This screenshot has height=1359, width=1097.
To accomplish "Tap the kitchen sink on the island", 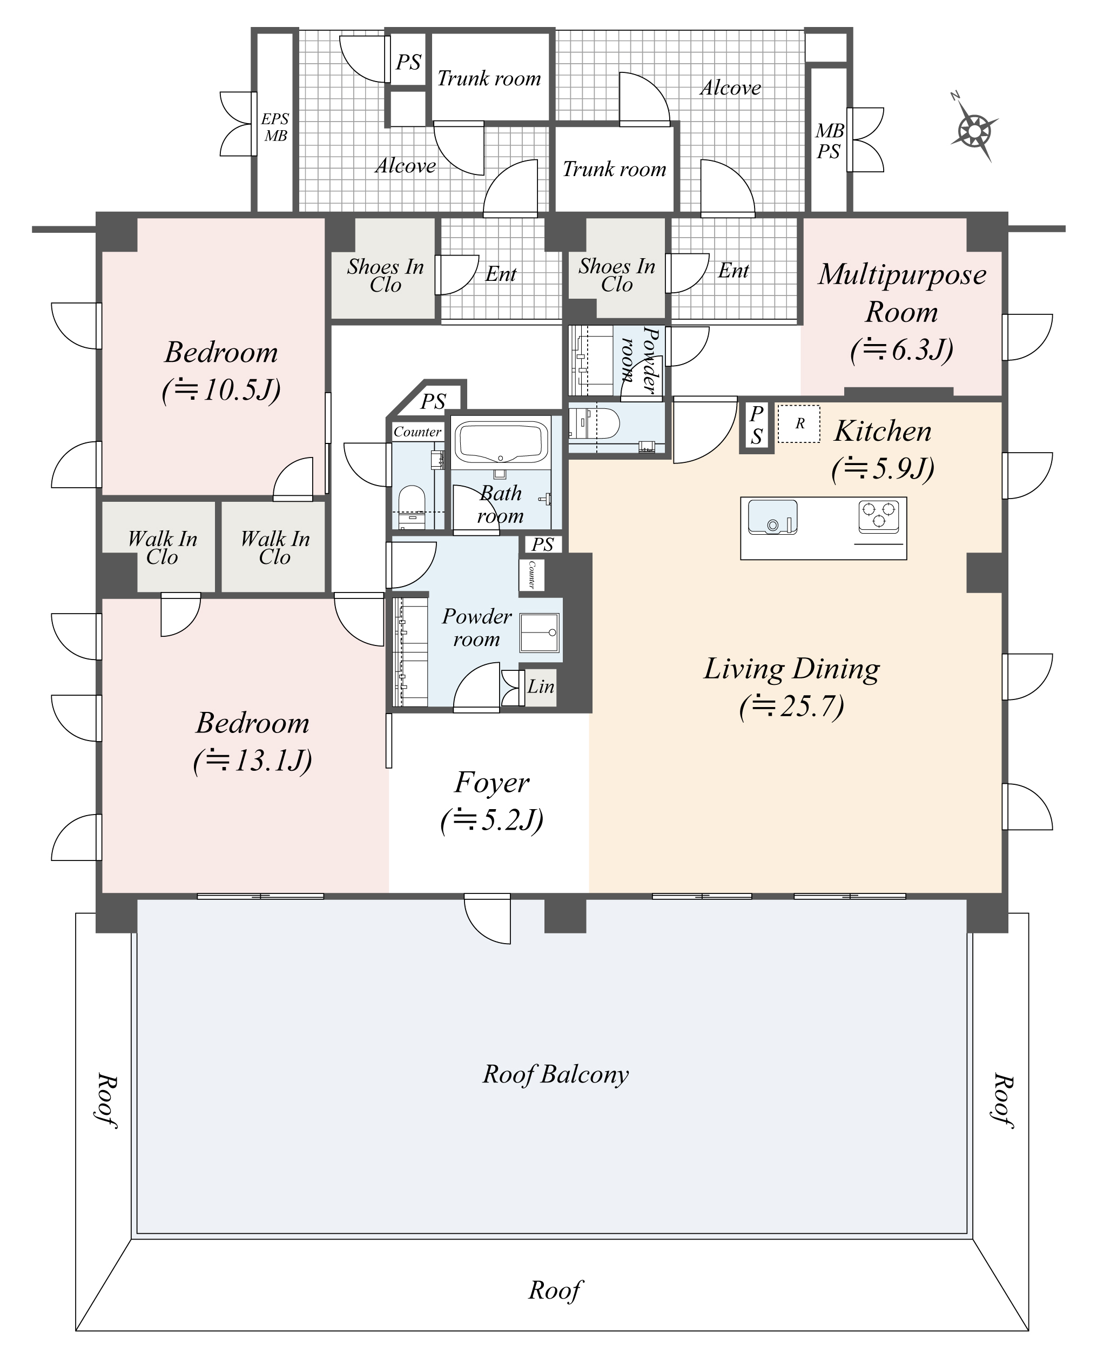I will (x=771, y=516).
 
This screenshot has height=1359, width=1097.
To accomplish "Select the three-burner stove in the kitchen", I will (x=878, y=515).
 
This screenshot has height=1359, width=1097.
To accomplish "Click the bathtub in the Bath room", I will (x=501, y=442).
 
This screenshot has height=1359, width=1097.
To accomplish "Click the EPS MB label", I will (x=275, y=127).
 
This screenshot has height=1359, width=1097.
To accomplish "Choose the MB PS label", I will (x=829, y=141).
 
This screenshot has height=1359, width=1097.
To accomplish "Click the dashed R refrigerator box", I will (x=799, y=424).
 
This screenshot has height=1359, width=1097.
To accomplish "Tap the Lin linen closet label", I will (x=541, y=687).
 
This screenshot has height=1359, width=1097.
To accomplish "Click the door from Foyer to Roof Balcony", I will (x=487, y=917).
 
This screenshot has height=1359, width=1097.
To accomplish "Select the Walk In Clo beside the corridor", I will (x=274, y=547).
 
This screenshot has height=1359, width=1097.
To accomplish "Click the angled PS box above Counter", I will (x=434, y=400).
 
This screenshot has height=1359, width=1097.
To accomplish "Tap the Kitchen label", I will (x=882, y=432).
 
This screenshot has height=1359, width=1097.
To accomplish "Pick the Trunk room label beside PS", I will (x=489, y=78).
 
